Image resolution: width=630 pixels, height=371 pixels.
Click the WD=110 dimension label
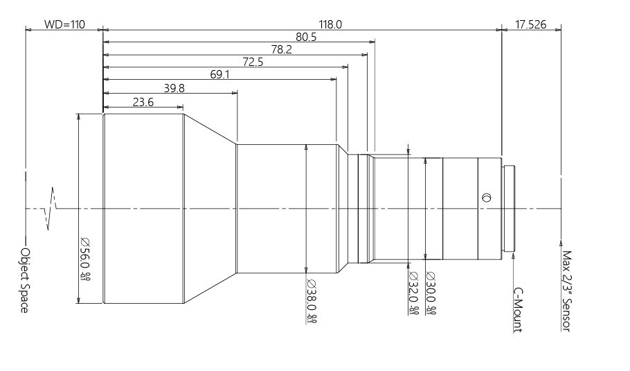[x=64, y=24]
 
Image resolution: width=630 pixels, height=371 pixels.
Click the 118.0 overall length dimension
[x=330, y=24]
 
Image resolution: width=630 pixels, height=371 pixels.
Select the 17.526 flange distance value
[x=531, y=24]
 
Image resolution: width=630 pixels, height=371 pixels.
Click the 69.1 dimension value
[x=219, y=75]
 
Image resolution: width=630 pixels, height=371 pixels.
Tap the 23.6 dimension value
[x=143, y=102]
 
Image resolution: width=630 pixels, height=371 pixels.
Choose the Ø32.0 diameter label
[x=413, y=293]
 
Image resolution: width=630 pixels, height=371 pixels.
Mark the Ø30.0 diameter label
[x=430, y=293]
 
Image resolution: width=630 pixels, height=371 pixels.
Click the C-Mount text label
[x=517, y=311]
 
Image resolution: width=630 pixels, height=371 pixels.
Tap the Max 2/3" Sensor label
[x=566, y=291]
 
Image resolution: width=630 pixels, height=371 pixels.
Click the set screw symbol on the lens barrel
[x=486, y=198]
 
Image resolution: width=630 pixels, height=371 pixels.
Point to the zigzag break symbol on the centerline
[x=51, y=207]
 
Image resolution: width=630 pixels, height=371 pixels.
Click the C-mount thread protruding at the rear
[x=510, y=208]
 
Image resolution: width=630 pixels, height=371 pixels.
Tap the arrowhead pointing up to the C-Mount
[x=513, y=256]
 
